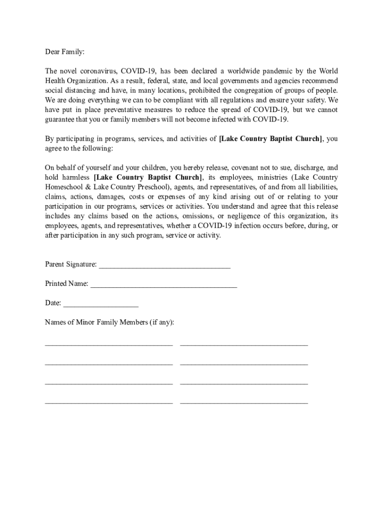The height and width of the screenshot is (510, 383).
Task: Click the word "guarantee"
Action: pos(60,120)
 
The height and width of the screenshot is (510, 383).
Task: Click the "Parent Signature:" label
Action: pos(71,264)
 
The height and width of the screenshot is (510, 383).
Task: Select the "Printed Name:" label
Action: pos(67,283)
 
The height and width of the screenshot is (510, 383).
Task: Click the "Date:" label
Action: pos(53,303)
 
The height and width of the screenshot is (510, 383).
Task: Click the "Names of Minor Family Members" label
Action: pos(109,322)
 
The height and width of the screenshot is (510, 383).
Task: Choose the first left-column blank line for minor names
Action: pos(109,344)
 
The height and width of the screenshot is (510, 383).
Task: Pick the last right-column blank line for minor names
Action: pos(244,401)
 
